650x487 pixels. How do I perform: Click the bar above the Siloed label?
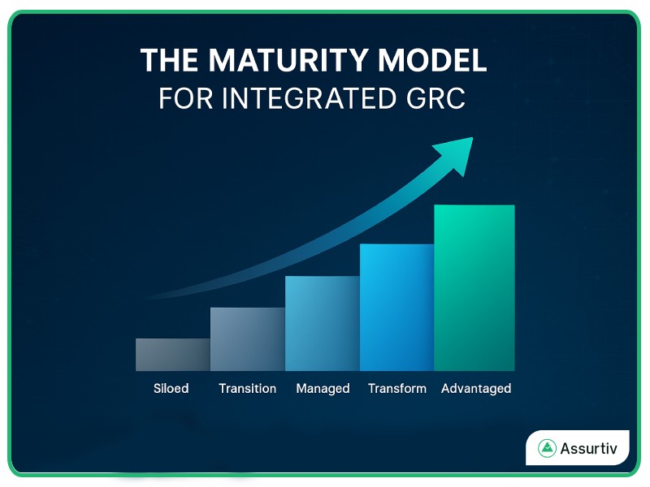click(172, 355)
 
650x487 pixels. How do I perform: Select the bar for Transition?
click(247, 339)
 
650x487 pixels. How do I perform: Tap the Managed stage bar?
click(322, 323)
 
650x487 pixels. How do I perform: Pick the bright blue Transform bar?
click(396, 308)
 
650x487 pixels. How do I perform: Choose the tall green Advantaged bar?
click(474, 287)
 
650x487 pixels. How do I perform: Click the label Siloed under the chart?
click(171, 389)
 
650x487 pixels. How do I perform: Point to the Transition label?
click(247, 389)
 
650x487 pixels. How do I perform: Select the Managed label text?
click(323, 389)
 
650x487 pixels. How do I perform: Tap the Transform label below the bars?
click(396, 389)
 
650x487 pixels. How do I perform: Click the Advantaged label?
click(475, 389)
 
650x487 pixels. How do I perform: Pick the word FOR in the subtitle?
click(183, 98)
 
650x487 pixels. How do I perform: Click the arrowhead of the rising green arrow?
click(455, 153)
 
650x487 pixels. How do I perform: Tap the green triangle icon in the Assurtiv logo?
click(547, 448)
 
